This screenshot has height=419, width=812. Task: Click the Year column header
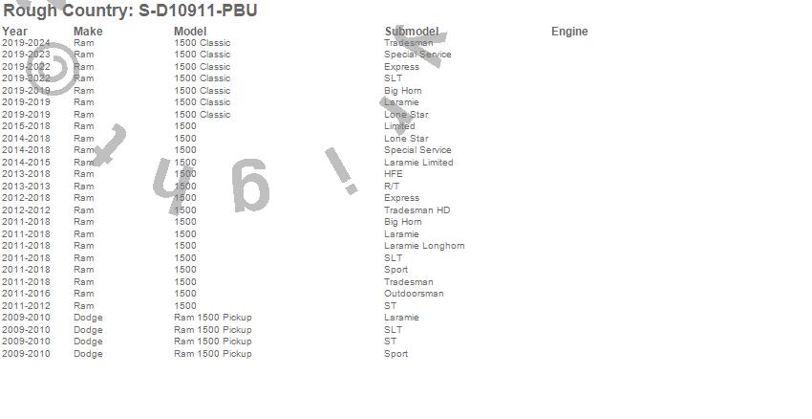click(x=14, y=32)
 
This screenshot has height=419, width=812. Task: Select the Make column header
click(x=88, y=32)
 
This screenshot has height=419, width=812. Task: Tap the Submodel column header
click(x=412, y=32)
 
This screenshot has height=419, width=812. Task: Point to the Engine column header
click(x=569, y=32)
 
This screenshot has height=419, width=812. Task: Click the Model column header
click(x=190, y=32)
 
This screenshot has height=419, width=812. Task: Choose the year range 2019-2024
click(x=26, y=43)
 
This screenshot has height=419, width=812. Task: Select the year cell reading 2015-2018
click(x=26, y=126)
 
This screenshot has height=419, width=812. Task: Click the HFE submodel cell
click(x=394, y=174)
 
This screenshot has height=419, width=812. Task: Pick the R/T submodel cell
click(x=393, y=187)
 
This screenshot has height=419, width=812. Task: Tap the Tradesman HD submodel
click(x=417, y=210)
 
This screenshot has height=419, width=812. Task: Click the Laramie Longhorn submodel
click(x=424, y=246)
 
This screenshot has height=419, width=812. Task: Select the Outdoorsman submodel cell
click(x=414, y=294)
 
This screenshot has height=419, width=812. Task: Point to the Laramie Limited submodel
click(x=418, y=163)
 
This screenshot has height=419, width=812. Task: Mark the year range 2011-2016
click(x=26, y=294)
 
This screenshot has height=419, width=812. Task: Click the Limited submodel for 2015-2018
click(x=399, y=126)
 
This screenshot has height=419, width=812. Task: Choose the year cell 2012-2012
click(x=26, y=210)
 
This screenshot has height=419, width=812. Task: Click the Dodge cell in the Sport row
click(x=88, y=354)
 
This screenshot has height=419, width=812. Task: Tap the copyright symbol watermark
click(x=57, y=71)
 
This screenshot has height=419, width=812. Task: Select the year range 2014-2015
click(x=26, y=163)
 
